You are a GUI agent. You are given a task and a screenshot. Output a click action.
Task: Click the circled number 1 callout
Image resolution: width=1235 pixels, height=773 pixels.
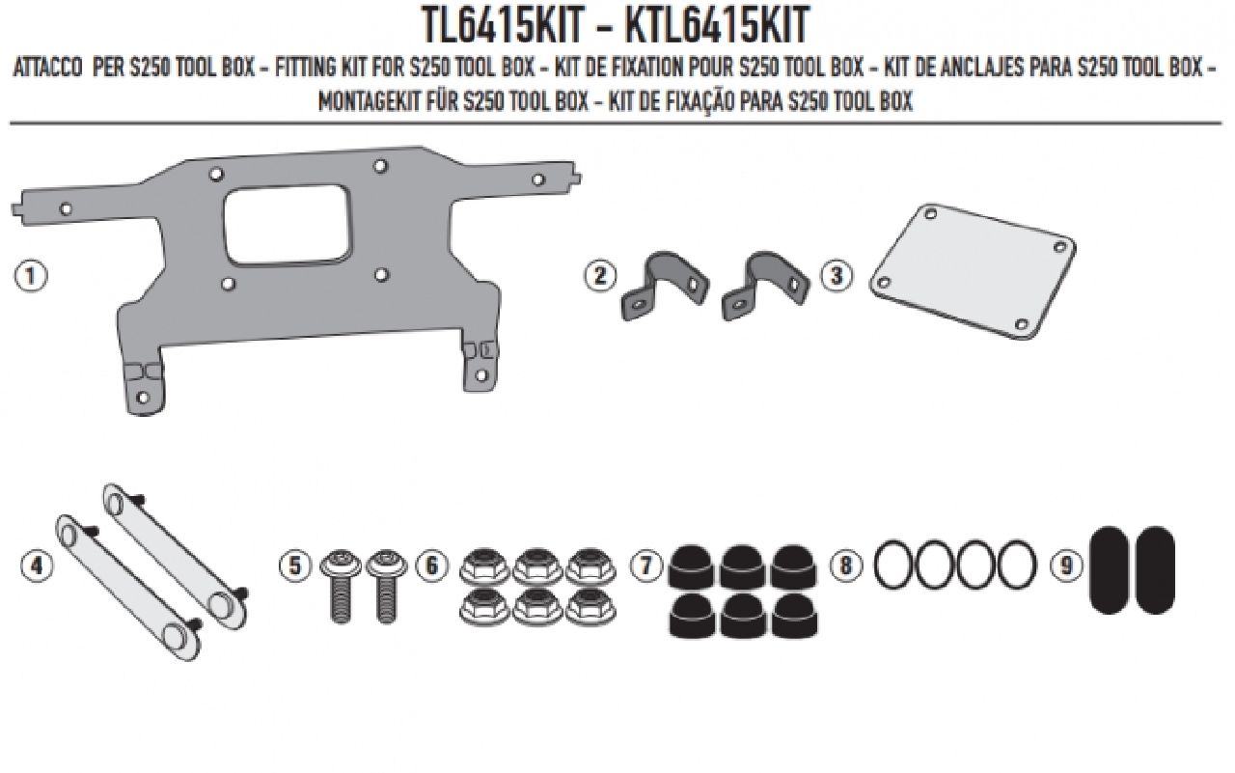point(31,275)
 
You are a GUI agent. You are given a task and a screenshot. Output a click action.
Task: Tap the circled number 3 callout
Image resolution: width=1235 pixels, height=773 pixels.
point(837,275)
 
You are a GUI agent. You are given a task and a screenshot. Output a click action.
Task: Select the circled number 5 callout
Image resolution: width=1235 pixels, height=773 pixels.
point(295,566)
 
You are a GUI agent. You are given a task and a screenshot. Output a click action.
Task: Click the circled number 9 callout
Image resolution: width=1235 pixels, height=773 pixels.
point(1065,566)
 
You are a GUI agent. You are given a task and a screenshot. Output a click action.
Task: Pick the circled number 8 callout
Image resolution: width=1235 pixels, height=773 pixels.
point(846,566)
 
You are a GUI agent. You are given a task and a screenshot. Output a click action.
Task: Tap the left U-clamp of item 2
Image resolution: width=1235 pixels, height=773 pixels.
point(656,290)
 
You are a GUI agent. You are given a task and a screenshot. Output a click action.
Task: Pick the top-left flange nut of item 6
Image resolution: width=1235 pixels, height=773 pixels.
point(480,564)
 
